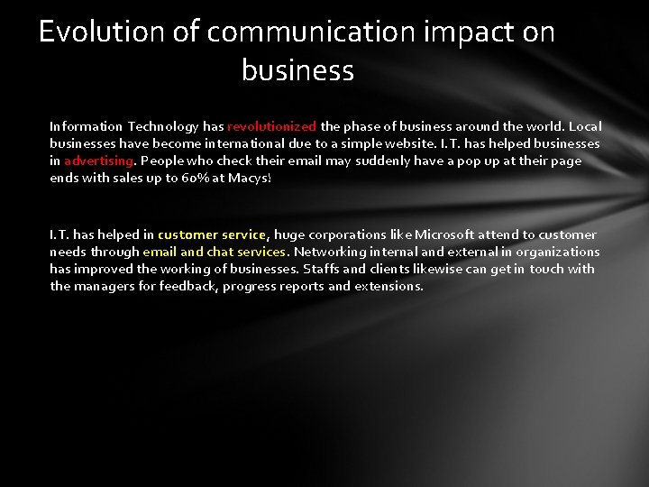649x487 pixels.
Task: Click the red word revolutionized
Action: coord(271,126)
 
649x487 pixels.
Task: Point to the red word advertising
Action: coord(99,161)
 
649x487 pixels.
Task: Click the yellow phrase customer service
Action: coord(212,234)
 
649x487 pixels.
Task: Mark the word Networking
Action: coord(331,252)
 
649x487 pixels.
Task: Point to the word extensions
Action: coord(388,286)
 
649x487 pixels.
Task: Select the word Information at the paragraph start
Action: coord(85,126)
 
